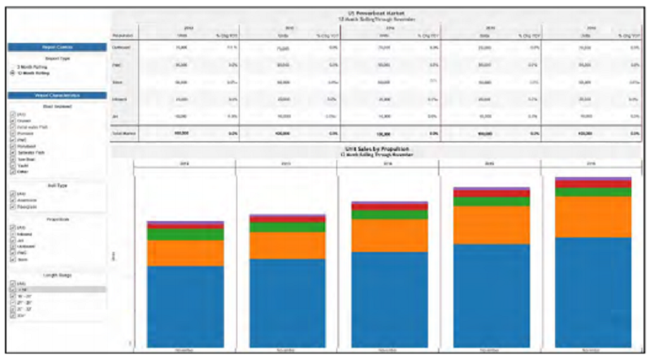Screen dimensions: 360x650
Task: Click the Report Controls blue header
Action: (x=56, y=47)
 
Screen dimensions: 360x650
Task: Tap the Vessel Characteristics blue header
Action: (x=56, y=95)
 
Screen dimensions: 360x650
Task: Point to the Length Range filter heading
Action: (x=56, y=275)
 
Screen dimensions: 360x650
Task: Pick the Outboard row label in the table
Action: (x=122, y=47)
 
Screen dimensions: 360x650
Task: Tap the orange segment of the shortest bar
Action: (x=185, y=253)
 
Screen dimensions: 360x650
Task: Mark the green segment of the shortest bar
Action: (x=185, y=234)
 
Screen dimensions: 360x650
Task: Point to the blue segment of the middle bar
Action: (x=388, y=297)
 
